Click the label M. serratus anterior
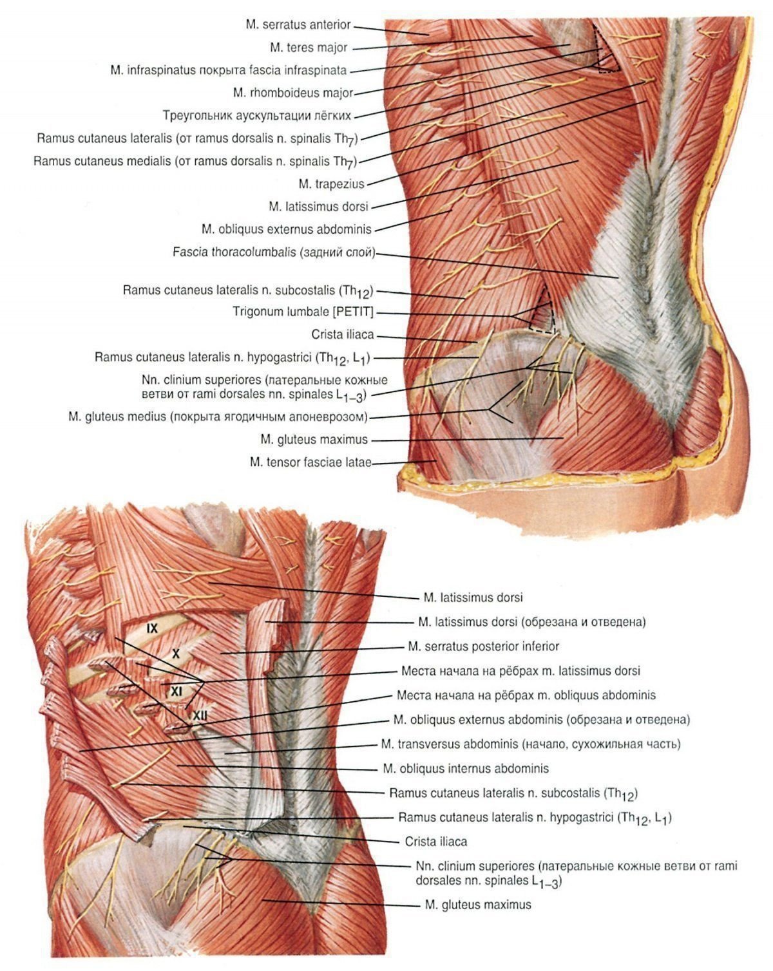click(298, 24)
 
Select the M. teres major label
click(309, 48)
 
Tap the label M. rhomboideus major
click(292, 93)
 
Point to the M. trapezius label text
click(331, 184)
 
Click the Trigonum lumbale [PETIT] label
click(303, 312)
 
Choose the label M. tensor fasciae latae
click(310, 462)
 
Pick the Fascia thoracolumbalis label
click(274, 252)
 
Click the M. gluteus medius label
click(218, 417)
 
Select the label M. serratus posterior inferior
click(484, 646)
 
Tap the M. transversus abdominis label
click(531, 744)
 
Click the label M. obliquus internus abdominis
click(466, 768)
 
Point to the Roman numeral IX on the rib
click(152, 628)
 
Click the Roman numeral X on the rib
click(176, 654)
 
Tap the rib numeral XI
click(177, 691)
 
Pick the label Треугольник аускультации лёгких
click(257, 115)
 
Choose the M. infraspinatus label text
click(229, 70)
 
